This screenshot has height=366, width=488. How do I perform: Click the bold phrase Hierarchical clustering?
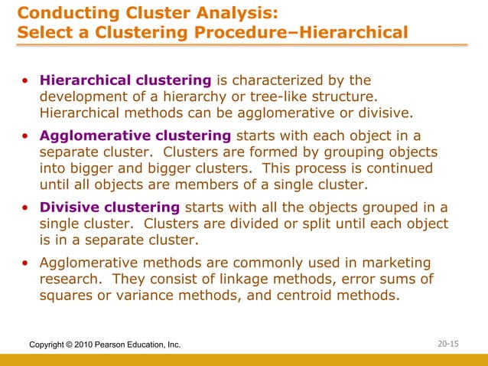coord(125,80)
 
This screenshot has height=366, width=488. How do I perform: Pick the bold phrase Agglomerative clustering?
coord(135,136)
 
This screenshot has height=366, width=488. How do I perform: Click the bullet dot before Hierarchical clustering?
coord(26,81)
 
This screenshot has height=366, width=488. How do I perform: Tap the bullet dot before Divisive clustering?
coord(26,208)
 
